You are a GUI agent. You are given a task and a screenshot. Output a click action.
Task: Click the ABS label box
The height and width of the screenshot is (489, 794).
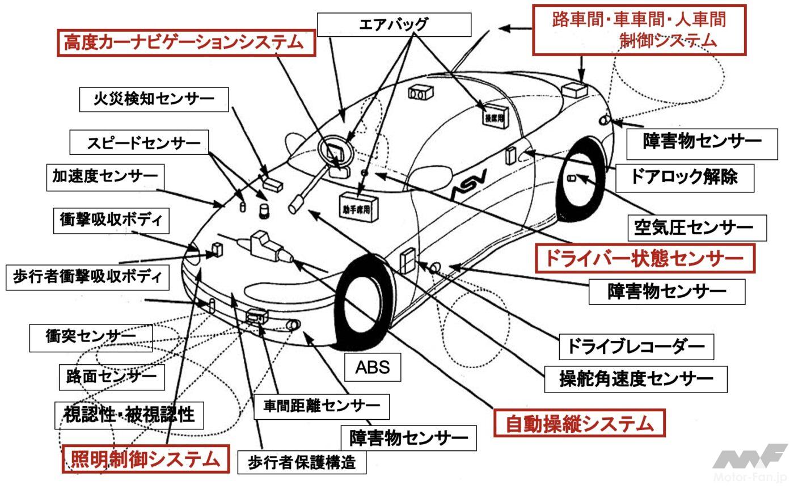tap(373, 367)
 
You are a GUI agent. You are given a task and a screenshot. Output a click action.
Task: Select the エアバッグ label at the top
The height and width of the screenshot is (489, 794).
tap(394, 24)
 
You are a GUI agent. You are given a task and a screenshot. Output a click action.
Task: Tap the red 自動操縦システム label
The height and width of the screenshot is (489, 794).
tap(578, 423)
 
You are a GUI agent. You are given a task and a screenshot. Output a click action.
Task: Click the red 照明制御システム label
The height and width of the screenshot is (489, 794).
tap(145, 459)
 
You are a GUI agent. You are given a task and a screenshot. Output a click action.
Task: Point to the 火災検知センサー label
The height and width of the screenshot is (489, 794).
tap(154, 99)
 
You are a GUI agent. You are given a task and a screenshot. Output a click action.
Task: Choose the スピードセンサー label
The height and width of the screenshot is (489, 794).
tap(140, 142)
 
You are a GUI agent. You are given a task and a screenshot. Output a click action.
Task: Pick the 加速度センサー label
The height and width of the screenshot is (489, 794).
tap(105, 177)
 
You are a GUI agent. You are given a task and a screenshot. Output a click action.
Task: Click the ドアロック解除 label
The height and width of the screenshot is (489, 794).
tap(684, 176)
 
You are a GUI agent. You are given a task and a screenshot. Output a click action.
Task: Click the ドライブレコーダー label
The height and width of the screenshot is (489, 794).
tap(636, 346)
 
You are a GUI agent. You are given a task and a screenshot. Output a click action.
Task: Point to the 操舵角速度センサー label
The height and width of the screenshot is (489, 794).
tap(635, 379)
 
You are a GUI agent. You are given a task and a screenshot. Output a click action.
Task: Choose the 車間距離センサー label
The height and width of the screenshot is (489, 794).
tap(321, 406)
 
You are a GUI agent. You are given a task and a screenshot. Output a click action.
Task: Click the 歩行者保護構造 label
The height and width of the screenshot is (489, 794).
tap(301, 462)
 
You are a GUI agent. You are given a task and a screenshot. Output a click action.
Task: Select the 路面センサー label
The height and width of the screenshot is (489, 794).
tap(111, 377)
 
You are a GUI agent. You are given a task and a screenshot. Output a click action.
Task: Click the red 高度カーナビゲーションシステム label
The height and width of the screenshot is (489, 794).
tap(186, 42)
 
